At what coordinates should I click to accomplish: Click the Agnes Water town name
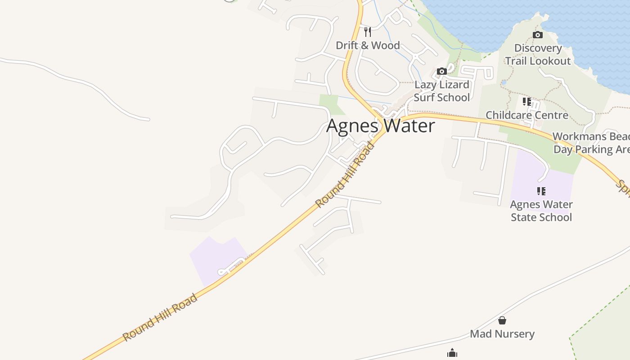[x=381, y=126]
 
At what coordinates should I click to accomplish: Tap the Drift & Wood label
[x=368, y=45]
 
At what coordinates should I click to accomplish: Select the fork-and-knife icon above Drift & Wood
[x=368, y=31]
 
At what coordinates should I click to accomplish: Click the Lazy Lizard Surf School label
[x=441, y=91]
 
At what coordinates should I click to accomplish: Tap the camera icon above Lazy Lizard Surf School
[x=442, y=71]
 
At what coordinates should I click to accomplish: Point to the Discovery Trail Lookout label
[x=538, y=54]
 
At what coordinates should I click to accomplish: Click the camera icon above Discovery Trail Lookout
[x=537, y=35]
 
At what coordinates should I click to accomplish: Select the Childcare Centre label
[x=527, y=115]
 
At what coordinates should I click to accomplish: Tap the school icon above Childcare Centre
[x=527, y=102]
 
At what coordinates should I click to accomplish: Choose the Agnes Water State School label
[x=541, y=211]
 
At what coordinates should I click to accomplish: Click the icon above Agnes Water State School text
[x=541, y=191]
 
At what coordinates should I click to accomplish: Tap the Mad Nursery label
[x=502, y=334]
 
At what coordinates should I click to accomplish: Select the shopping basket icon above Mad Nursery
[x=502, y=320]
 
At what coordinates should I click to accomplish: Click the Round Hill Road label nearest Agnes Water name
[x=345, y=175]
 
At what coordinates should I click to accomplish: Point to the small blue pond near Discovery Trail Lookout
[x=504, y=83]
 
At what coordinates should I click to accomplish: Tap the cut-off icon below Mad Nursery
[x=452, y=354]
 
